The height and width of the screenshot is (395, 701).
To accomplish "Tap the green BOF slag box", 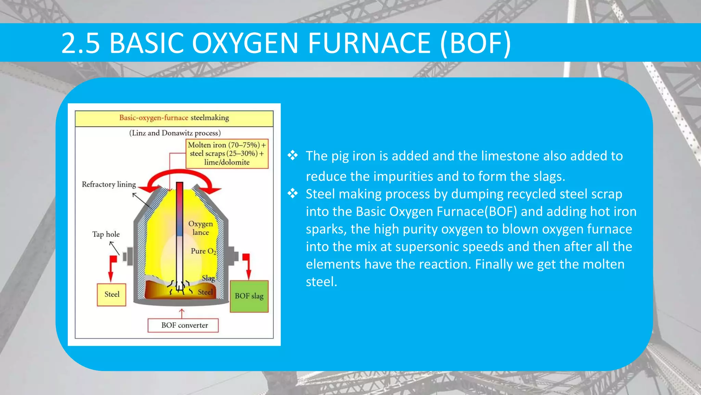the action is tap(249, 296).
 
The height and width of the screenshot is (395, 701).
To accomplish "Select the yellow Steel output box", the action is tap(112, 295).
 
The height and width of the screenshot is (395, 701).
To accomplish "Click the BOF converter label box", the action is tap(183, 325).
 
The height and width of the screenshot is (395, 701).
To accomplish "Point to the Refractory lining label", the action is tap(109, 184).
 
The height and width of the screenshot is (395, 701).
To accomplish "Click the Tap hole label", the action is tap(106, 234).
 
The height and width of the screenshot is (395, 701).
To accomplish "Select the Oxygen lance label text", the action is tap(201, 228).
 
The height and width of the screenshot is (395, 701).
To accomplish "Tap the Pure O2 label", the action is tap(204, 251).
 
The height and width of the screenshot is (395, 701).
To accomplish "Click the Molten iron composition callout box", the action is tap(227, 154).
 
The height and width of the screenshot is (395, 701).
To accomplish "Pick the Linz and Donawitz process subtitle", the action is tap(175, 133).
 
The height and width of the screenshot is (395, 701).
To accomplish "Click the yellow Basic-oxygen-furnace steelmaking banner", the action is tap(174, 118).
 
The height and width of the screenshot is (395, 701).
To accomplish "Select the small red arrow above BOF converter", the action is tap(182, 313).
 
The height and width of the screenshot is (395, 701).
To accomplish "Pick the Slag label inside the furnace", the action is tap(208, 278).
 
